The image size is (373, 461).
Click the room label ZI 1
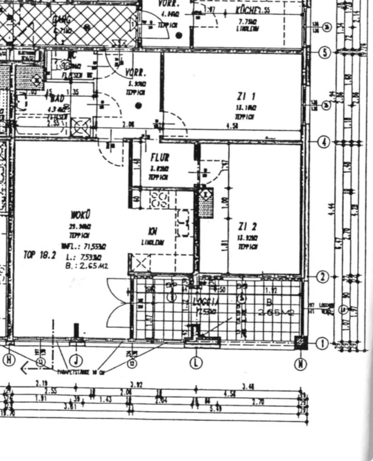click(244, 96)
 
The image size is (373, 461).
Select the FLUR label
click(160, 158)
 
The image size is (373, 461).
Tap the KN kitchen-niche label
click(152, 232)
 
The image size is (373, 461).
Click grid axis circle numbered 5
click(325, 53)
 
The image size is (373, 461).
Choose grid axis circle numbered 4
click(324, 142)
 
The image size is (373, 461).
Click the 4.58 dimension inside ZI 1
click(232, 126)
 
